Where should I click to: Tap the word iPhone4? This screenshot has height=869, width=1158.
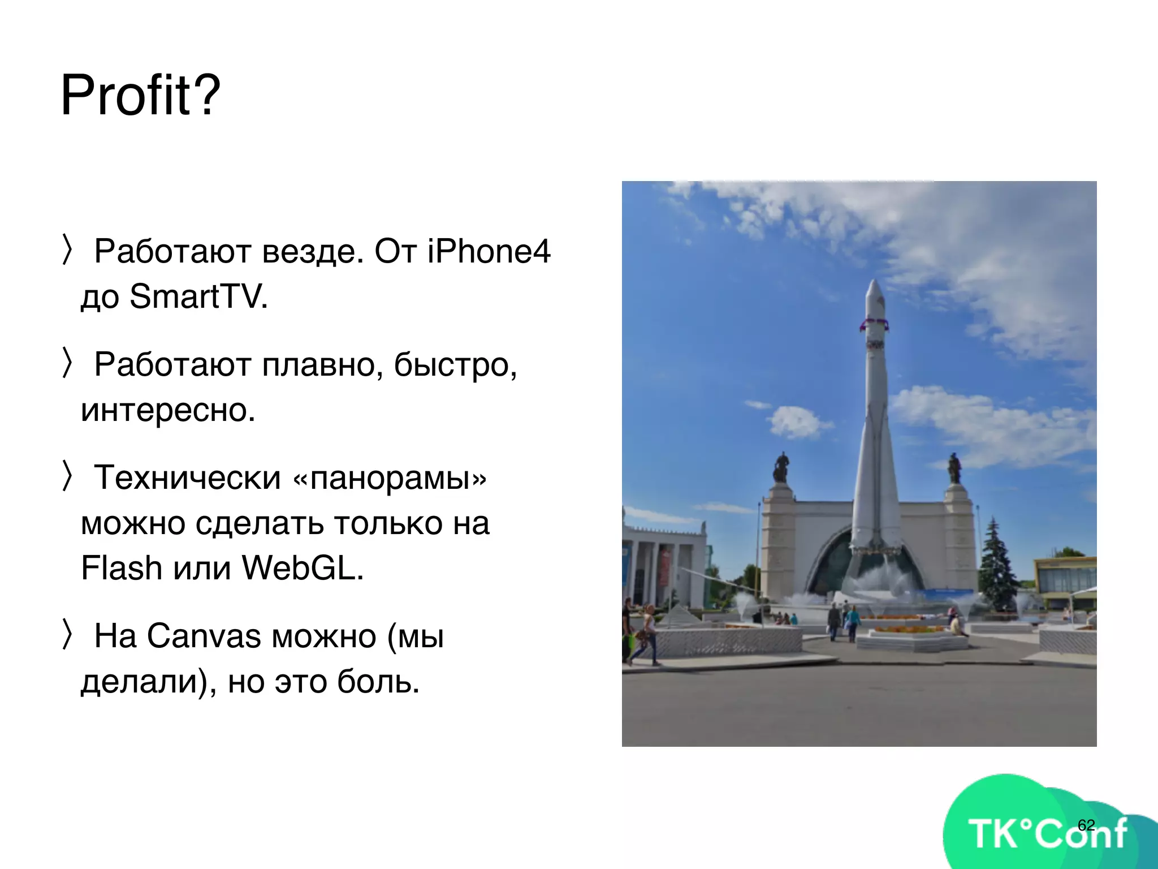(489, 251)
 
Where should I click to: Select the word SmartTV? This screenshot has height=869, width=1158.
(198, 296)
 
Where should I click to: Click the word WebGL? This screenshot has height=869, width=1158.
(302, 568)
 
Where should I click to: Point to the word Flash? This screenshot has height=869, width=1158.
(122, 568)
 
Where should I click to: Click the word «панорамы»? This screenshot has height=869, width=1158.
(390, 477)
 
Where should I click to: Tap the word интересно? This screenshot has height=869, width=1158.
(168, 410)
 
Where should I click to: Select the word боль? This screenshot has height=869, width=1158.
(378, 681)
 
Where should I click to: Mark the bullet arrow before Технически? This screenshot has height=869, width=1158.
(67, 476)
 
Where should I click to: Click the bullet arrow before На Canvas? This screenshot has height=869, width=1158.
(67, 634)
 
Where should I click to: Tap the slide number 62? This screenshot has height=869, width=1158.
(1086, 825)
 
